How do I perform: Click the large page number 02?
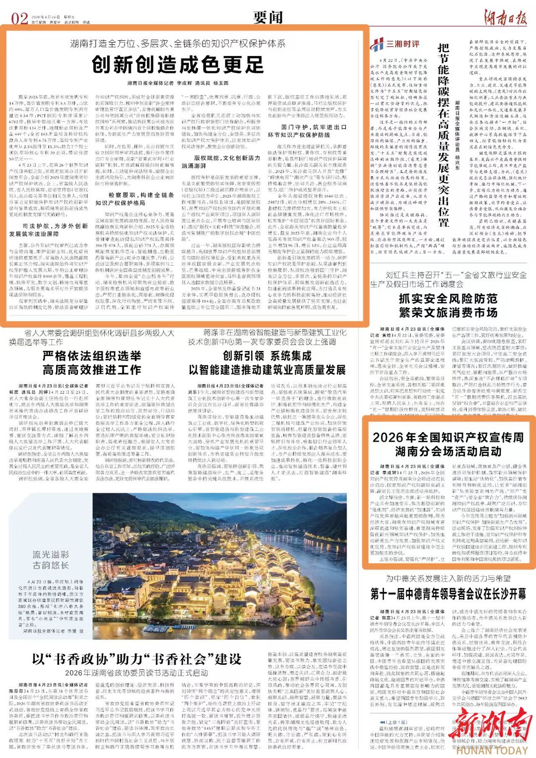pos(20,19)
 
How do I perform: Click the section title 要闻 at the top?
pos(268,17)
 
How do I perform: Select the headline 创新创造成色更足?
pos(178,65)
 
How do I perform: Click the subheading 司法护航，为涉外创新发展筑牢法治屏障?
pos(49,230)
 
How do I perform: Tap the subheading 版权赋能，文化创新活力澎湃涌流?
pos(221,162)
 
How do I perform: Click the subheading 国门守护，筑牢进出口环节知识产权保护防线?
pos(307,131)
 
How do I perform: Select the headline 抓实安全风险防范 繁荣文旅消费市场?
pos(448,305)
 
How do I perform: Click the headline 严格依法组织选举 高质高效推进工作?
pos(92,363)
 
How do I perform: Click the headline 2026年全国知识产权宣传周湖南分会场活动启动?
pos(448,444)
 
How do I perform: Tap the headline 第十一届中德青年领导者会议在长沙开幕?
pos(448,594)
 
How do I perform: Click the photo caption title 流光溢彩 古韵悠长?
pos(51,560)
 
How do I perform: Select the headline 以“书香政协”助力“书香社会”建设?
pos(136,659)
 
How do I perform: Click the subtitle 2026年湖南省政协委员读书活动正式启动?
pos(136,673)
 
